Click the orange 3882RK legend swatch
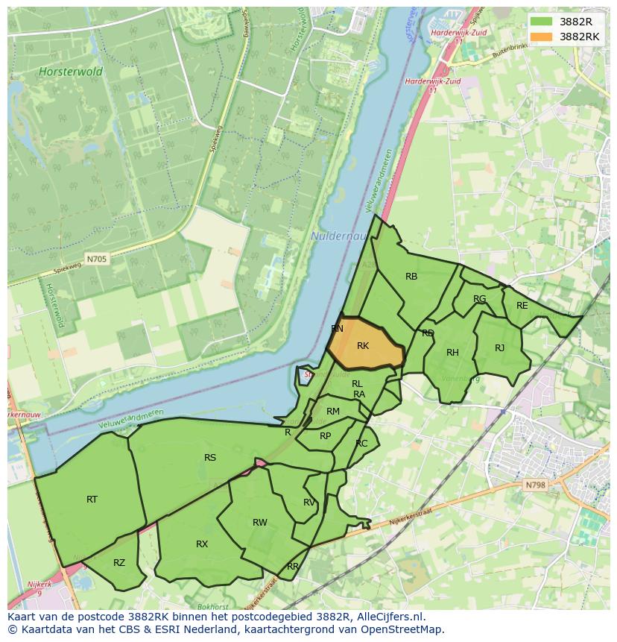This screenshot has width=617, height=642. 542,37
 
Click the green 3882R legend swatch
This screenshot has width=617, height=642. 542,22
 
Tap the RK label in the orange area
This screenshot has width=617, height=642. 363,346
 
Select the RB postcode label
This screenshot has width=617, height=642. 411,277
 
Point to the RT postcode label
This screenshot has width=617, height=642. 92,500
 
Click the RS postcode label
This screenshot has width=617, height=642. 210,458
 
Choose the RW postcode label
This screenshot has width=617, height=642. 259,523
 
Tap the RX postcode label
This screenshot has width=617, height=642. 202,544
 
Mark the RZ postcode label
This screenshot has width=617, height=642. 119,563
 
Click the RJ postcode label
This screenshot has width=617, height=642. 499,348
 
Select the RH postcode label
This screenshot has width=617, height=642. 452,353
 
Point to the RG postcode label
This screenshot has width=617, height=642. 479,299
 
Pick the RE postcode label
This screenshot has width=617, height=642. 522,306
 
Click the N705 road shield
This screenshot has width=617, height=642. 96,259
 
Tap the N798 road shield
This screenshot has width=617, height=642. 535,485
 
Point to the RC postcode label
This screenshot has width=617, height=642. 361,444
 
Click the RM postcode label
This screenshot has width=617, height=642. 333,412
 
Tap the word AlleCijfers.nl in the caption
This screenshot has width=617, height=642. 389,617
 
